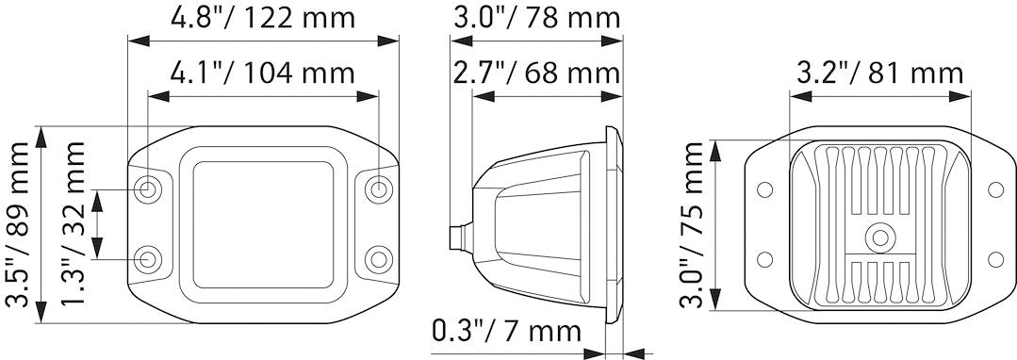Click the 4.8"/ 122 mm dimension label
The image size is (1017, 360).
point(263,18)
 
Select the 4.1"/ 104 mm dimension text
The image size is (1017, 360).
point(263,74)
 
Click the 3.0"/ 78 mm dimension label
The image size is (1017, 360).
point(536,18)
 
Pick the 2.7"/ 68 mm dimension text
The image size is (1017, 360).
point(536,74)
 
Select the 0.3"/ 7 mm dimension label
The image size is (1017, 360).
point(506,332)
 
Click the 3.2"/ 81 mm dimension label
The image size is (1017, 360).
point(880,74)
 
